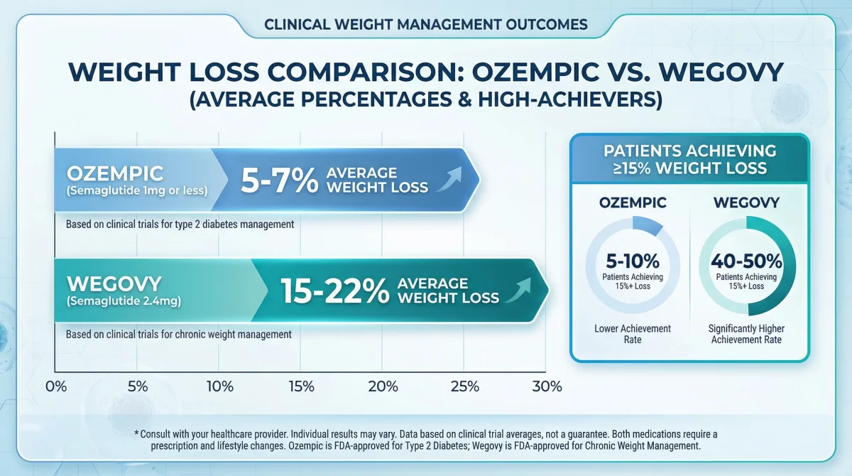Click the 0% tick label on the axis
pos(56,386)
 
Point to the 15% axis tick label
pos(301,386)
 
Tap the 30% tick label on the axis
pos(547,386)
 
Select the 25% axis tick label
pos(465,386)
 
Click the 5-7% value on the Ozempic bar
pos(280,180)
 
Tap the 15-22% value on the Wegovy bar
pos(334,291)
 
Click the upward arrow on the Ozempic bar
pos(449,179)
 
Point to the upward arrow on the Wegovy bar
pos(518,290)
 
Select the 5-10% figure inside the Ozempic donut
pos(633,261)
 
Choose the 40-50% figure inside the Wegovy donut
pos(746,261)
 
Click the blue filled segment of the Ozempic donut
pos(648,225)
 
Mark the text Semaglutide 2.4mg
pos(124,301)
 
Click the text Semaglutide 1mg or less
pos(137,190)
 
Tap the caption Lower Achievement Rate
pos(633,334)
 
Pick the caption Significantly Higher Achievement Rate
pos(746,334)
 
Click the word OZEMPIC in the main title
pos(535,72)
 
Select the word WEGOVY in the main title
pos(721,72)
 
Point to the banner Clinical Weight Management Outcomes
pos(426,25)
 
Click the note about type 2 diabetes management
pos(180,224)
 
